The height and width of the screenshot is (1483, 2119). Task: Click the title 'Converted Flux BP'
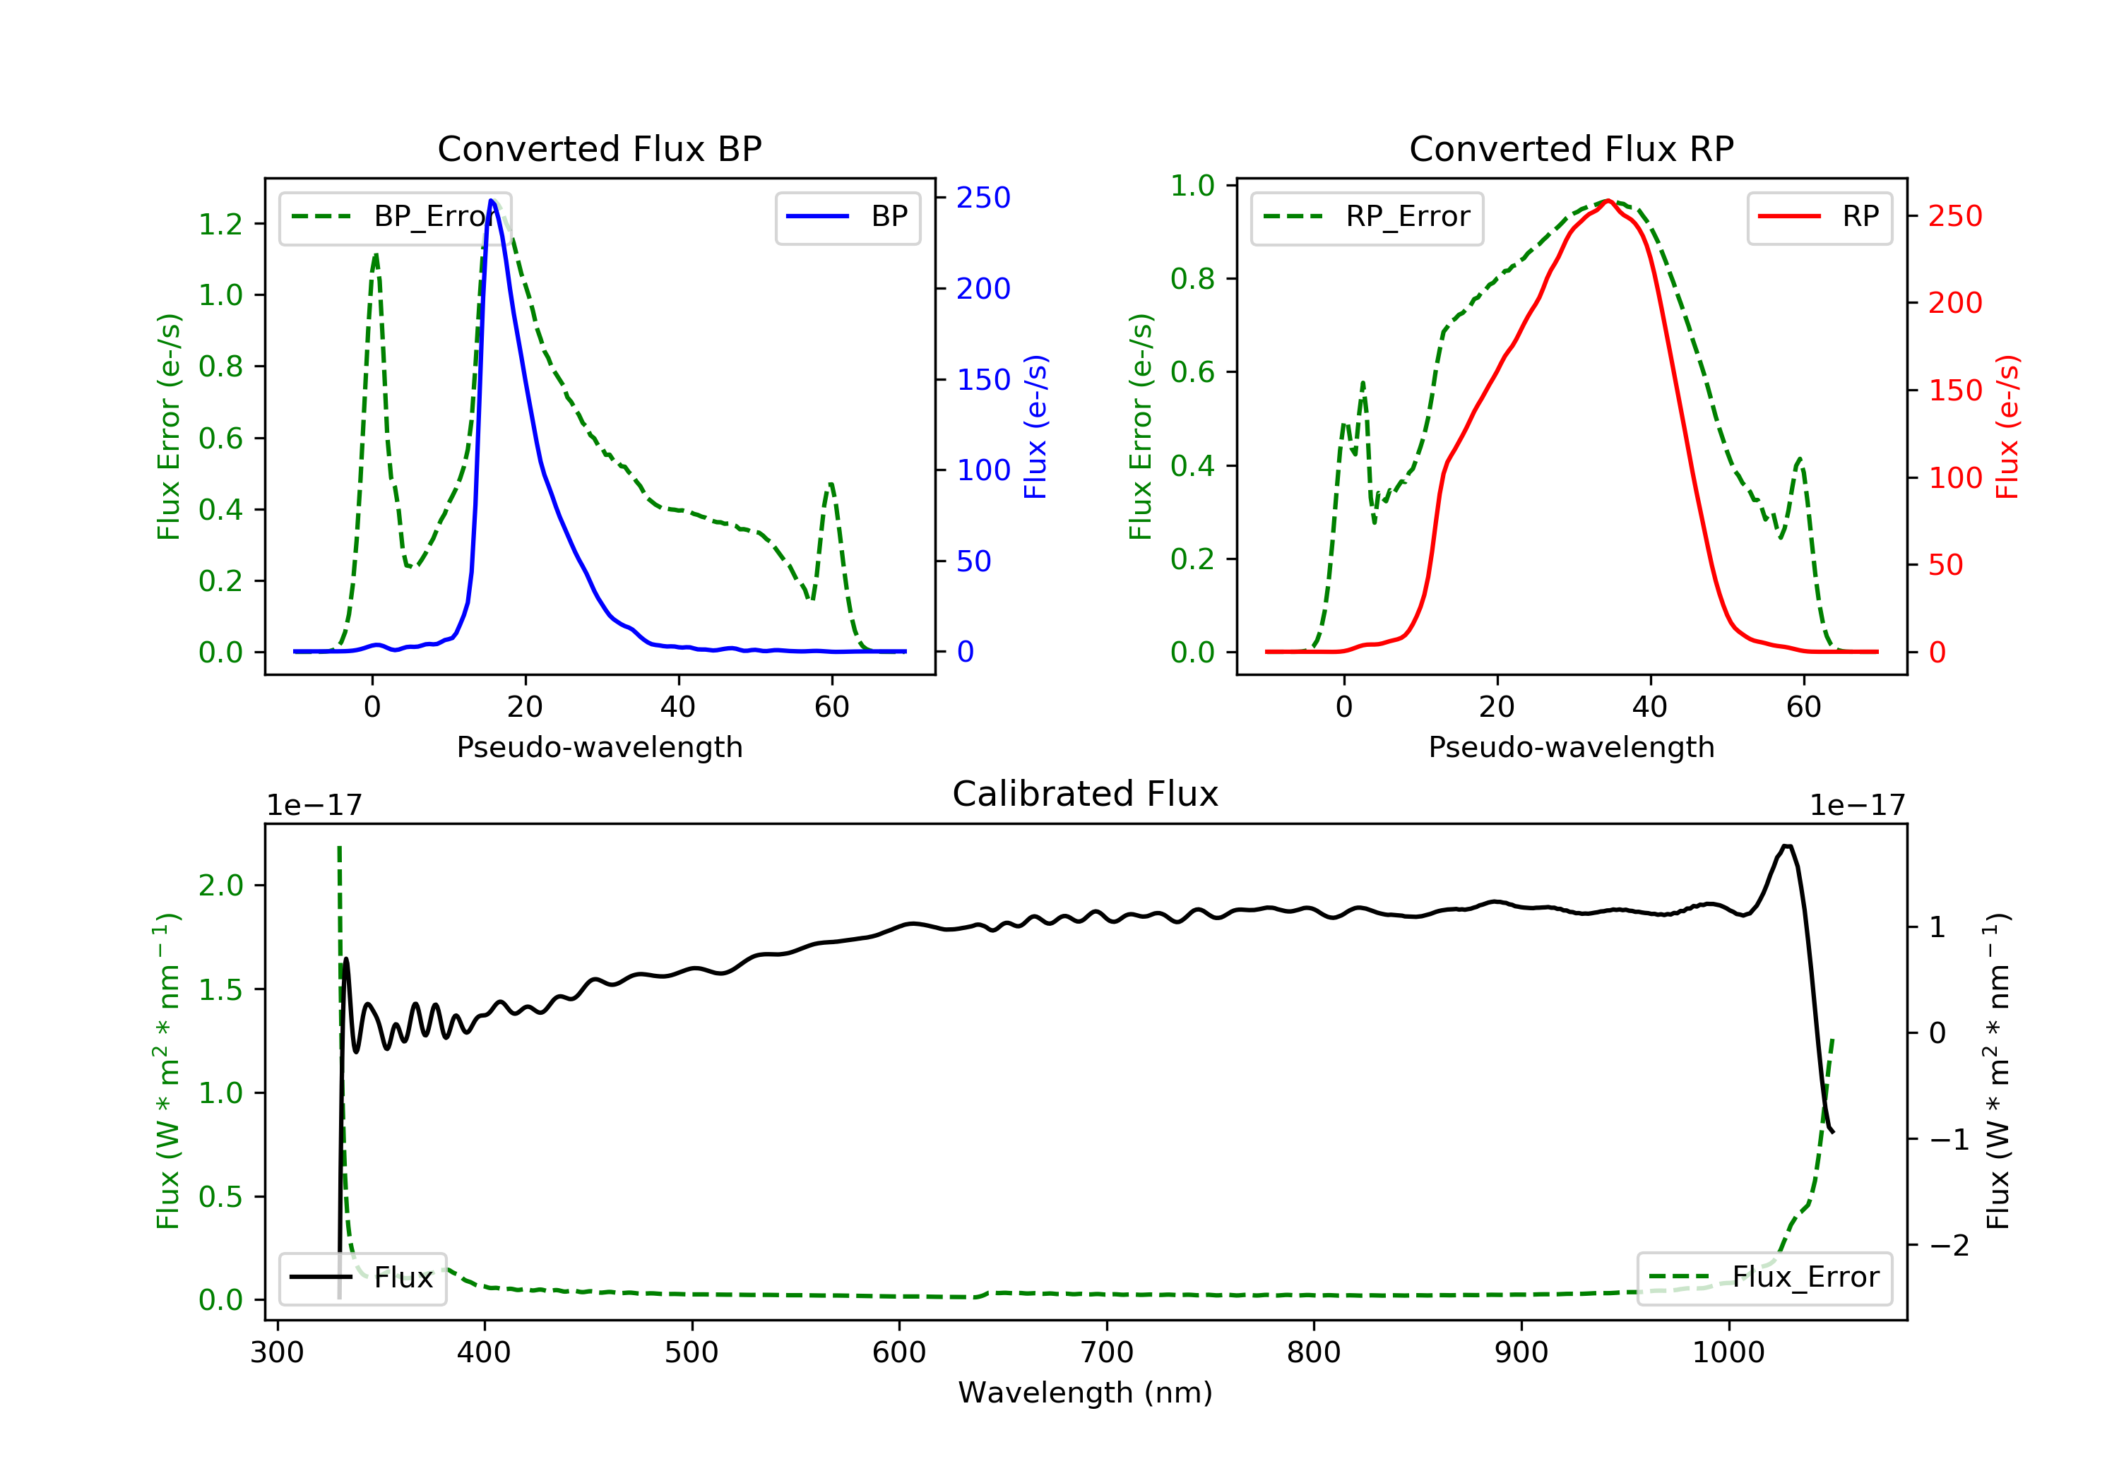599,148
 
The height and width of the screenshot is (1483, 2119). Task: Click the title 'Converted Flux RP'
1571,148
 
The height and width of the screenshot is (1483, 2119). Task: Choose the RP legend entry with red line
1819,217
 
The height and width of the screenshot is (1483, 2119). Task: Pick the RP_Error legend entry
1367,217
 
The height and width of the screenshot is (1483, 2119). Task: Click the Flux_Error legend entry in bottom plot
1764,1277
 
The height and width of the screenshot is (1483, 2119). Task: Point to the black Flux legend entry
363,1277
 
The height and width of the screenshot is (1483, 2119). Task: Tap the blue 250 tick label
983,198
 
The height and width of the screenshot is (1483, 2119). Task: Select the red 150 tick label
1954,391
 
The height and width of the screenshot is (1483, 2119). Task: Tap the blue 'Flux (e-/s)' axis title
1035,427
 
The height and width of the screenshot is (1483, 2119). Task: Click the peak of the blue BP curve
492,201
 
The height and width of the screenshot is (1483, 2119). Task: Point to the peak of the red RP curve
1608,201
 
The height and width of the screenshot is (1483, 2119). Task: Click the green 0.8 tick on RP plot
1192,279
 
